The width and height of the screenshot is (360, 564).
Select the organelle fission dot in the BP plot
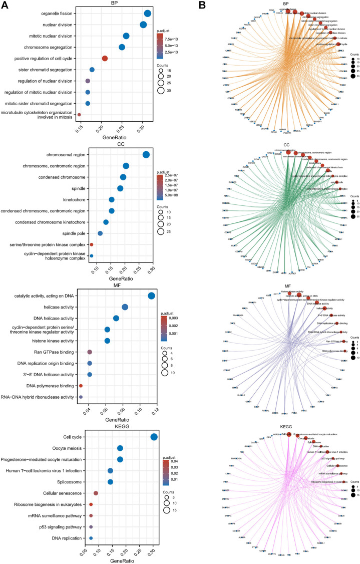click(148, 14)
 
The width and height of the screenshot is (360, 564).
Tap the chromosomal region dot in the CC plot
click(146, 155)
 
